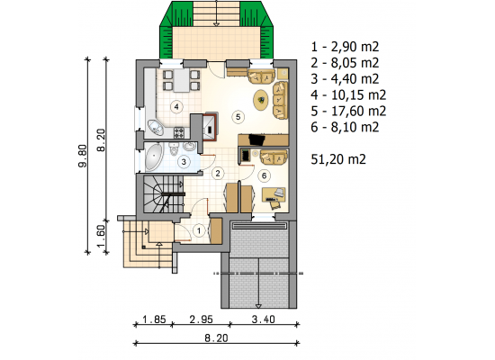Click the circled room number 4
[176, 107]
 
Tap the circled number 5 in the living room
[238, 117]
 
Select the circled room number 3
[184, 162]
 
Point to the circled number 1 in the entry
[199, 230]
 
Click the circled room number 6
[265, 175]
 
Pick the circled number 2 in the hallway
[218, 173]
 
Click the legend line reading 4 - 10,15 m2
[348, 94]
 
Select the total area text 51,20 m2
[338, 158]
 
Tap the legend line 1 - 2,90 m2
[345, 47]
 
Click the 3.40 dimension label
[264, 319]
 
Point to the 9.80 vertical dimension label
[83, 156]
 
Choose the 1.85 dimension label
[154, 319]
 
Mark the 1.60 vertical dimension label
[101, 236]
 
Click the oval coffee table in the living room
[261, 100]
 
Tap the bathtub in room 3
[154, 157]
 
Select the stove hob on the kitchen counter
[179, 132]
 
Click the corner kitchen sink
[156, 128]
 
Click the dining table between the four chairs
[182, 80]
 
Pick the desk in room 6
[274, 194]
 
